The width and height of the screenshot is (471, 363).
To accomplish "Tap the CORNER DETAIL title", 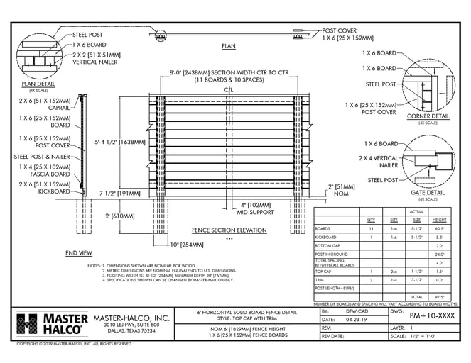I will point(427,116).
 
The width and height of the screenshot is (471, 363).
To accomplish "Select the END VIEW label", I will point(78,252).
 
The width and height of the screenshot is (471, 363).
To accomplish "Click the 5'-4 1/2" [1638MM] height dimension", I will point(120,141).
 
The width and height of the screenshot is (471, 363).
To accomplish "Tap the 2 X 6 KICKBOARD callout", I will point(46,187).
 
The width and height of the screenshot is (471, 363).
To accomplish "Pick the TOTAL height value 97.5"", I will point(440,297).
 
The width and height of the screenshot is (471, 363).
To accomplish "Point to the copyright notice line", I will point(75,344).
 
